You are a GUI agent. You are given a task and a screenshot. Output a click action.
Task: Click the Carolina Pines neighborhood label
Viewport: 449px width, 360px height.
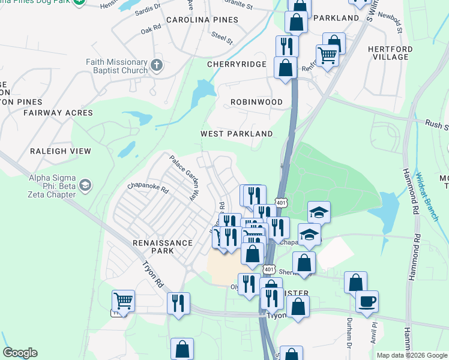(x=202, y=20)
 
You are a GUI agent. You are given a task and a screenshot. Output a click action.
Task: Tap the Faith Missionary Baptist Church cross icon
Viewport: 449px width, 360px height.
(x=157, y=65)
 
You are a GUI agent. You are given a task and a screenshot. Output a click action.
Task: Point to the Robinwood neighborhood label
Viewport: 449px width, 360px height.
(x=256, y=102)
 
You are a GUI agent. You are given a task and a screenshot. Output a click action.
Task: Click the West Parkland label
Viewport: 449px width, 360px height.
(x=237, y=134)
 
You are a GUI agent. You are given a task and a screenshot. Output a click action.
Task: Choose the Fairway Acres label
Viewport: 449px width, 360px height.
(x=58, y=113)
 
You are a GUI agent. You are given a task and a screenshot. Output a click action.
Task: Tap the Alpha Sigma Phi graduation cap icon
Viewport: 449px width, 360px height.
(x=85, y=184)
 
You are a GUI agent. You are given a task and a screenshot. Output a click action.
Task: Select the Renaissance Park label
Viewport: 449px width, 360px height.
(x=163, y=243)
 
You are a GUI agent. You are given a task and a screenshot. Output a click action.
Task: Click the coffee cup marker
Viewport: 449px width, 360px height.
(x=367, y=301)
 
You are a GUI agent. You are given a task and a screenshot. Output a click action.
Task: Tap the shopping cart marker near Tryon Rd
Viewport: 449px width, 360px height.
(x=123, y=300)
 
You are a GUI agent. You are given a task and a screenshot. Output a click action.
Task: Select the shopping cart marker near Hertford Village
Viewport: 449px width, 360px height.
(x=327, y=55)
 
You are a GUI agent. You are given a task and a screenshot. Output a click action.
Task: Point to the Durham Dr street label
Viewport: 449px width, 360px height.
(x=348, y=334)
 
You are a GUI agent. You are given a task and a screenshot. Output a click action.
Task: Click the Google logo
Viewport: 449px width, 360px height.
(x=20, y=353)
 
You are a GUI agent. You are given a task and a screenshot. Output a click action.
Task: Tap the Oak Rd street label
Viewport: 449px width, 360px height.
(x=151, y=28)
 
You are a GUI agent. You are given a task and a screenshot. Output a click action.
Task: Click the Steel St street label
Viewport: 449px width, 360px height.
(x=221, y=37)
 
